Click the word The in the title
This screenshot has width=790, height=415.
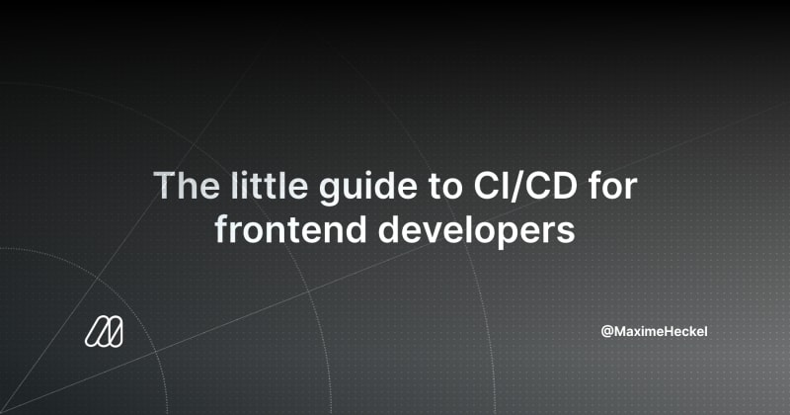[187, 186]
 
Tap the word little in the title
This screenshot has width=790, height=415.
[269, 185]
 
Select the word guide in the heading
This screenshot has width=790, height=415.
[368, 189]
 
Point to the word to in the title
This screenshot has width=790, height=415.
[445, 187]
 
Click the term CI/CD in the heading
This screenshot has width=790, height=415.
[525, 186]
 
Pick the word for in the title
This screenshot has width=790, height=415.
[613, 185]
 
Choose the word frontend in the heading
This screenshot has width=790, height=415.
[290, 229]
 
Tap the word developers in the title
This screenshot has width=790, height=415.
[476, 232]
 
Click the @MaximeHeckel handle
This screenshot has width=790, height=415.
[654, 331]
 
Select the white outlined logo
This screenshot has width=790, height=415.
[104, 332]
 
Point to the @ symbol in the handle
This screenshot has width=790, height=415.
[607, 332]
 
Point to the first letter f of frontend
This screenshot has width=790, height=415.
[222, 229]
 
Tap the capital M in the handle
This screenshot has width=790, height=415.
[621, 331]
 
